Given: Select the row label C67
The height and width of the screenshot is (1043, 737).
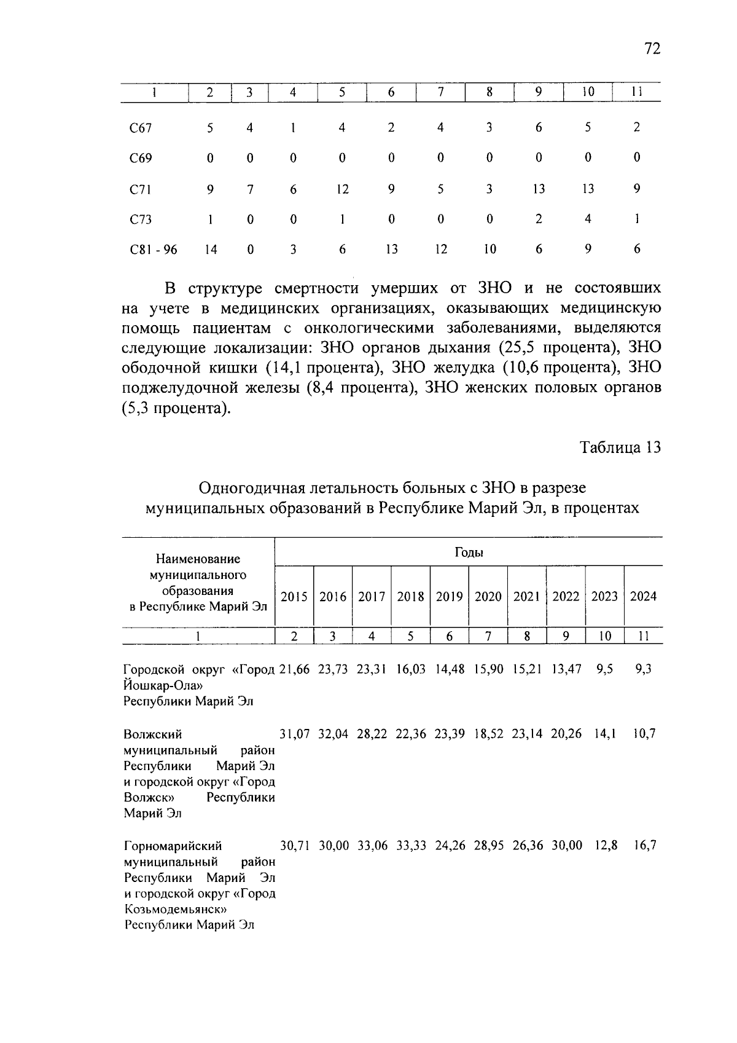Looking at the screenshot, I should [141, 128].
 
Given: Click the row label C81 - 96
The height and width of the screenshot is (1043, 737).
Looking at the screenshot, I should [154, 250].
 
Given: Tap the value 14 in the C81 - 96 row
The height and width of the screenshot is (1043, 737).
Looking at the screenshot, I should [210, 250].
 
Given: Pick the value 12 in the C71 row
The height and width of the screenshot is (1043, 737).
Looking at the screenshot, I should [342, 189].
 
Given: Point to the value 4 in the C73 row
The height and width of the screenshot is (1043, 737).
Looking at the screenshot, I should [588, 219].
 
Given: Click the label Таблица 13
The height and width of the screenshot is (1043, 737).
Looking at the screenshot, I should [620, 447].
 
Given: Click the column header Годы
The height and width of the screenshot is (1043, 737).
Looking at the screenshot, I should [469, 552].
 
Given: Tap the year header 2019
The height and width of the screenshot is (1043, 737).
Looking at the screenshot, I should [449, 597].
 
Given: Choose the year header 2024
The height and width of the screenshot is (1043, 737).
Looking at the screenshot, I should [643, 597].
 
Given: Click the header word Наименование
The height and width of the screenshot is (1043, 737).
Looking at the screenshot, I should [198, 559].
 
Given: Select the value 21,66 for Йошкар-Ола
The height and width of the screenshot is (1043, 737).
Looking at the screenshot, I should [295, 669].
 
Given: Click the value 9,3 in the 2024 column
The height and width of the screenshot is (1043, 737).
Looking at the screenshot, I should [643, 669].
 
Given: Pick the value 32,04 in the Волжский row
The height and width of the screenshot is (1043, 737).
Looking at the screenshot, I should [333, 734].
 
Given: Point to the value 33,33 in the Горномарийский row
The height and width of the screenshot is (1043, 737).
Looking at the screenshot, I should [411, 846].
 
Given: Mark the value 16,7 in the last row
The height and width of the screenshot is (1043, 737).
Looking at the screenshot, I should [645, 846].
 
